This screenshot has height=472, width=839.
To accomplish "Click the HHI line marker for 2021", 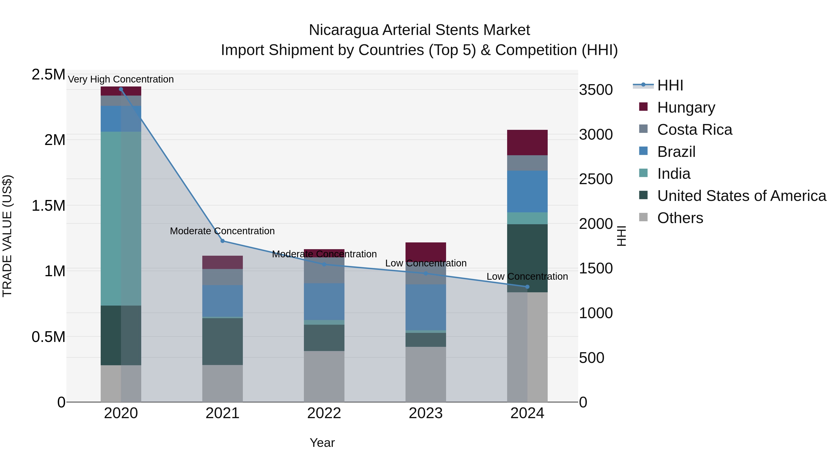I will coord(223,241).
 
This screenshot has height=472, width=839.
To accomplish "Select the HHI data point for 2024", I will coord(527,287).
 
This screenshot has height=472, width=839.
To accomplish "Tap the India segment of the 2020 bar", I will coord(121,218).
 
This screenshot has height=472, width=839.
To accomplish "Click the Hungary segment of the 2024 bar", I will coord(527,142).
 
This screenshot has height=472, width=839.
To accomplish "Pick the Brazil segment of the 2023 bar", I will coord(426,307).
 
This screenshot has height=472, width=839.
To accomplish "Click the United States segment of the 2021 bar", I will coord(223,341).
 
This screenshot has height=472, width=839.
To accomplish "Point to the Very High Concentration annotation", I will coord(121,79).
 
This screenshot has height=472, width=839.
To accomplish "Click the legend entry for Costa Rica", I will coord(695,130).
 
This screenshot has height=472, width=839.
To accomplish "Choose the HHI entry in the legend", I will coord(670,85).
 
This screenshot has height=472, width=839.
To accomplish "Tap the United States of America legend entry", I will coord(742,196).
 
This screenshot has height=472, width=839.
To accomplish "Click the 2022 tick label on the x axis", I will coord(324,413).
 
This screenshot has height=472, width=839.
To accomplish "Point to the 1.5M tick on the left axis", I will coord(48,206).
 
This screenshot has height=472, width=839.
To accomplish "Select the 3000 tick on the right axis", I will coord(596,134).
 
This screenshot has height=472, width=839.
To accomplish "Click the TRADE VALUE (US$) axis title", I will coord(7,236).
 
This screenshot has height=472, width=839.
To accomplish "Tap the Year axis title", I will coord(322,443).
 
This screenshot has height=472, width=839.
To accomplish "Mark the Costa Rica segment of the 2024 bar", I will coord(527,163).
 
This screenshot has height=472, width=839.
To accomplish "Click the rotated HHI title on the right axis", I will coord(621,236).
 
